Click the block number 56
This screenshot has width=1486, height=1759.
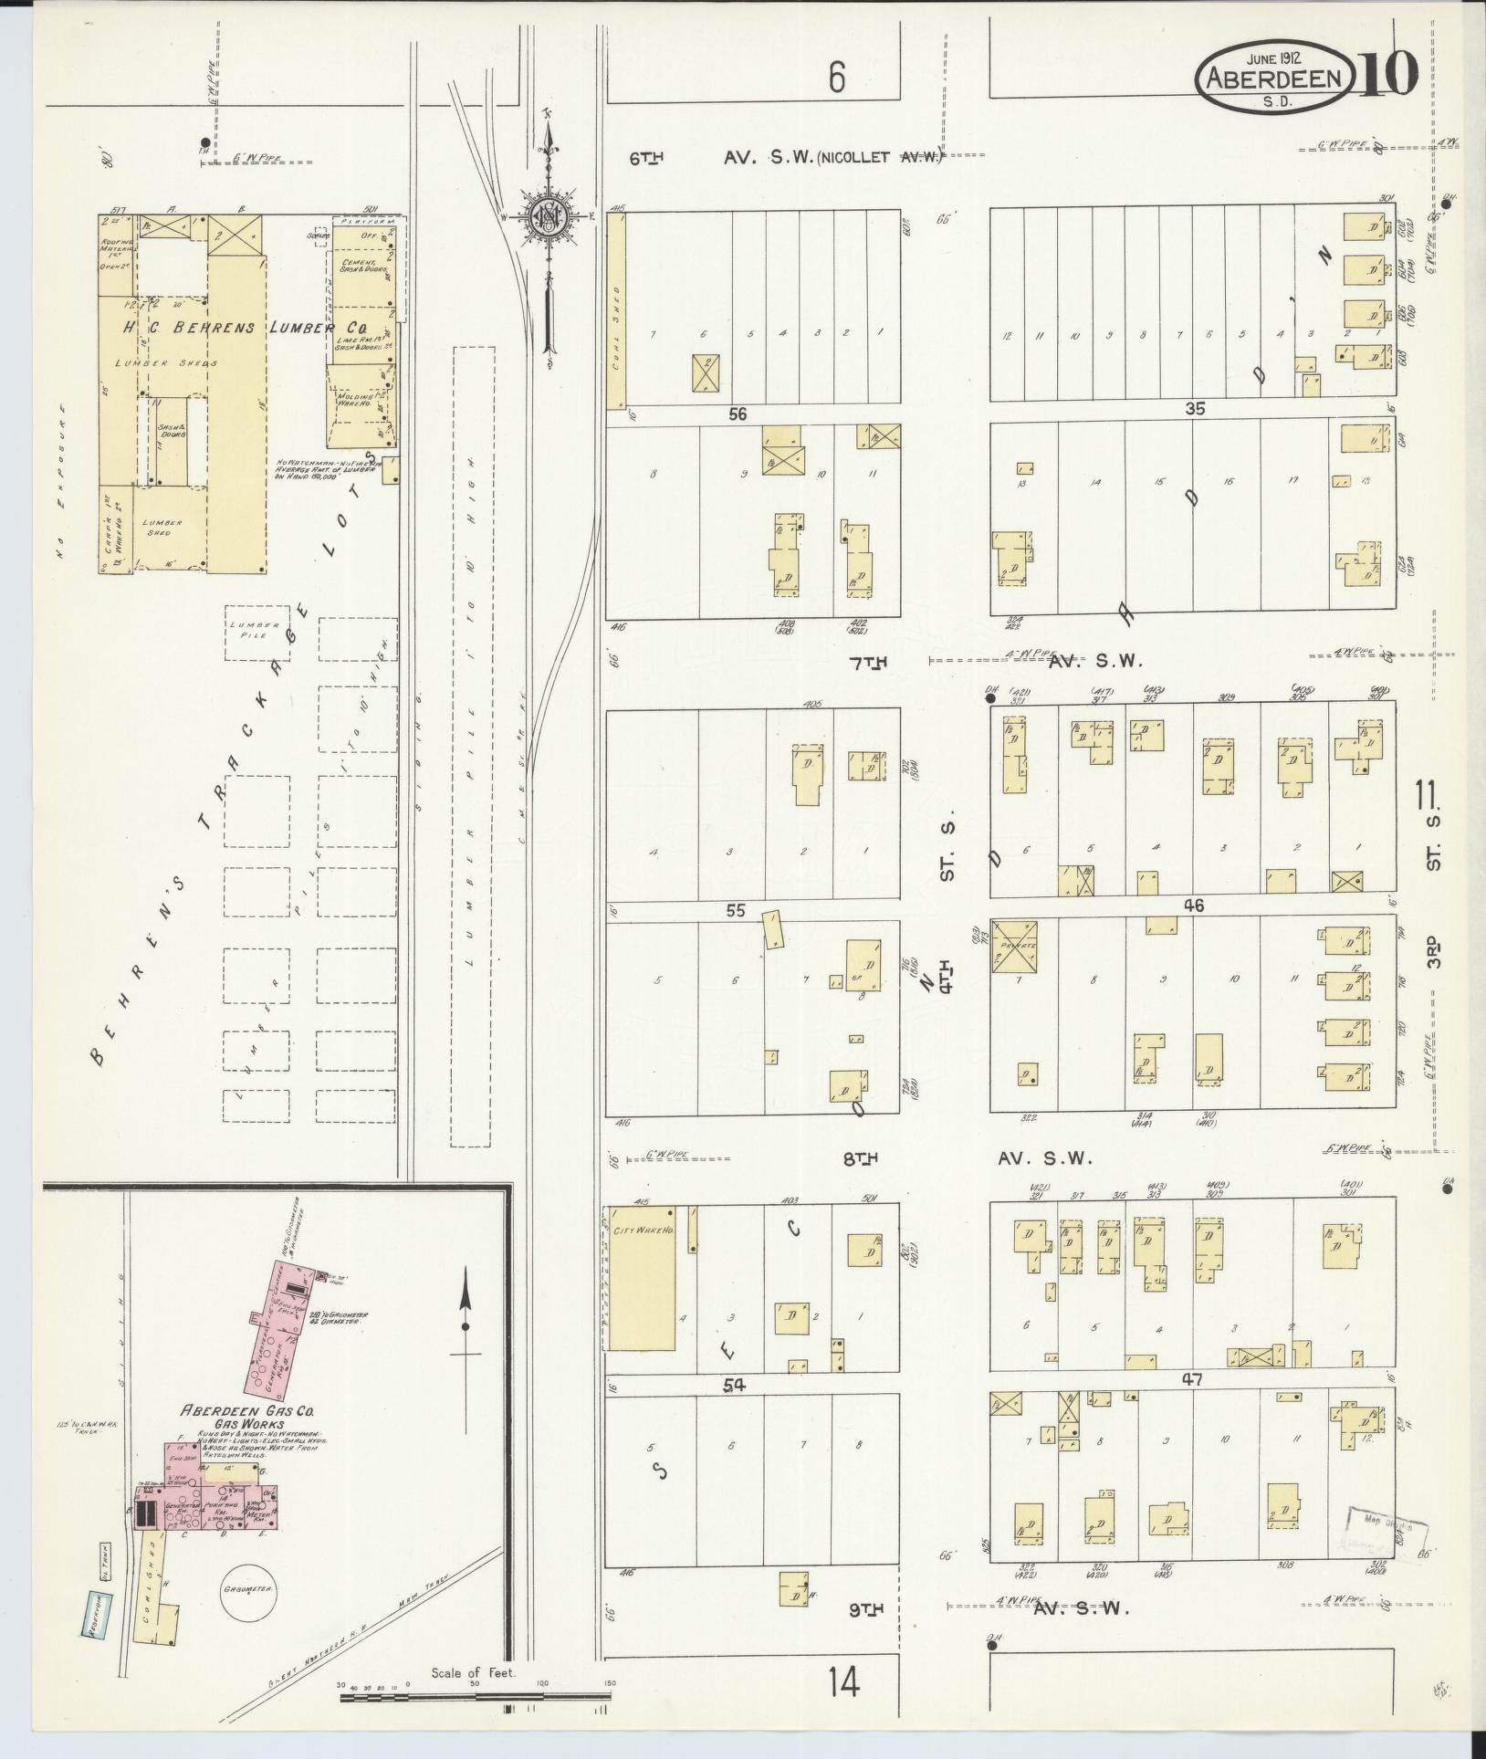(x=738, y=414)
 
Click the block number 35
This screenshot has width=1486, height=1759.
(x=1194, y=409)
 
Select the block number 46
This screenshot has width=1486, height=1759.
(x=1194, y=906)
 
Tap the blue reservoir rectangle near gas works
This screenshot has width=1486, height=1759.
(x=94, y=1616)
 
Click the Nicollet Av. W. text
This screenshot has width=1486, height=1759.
(x=878, y=157)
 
